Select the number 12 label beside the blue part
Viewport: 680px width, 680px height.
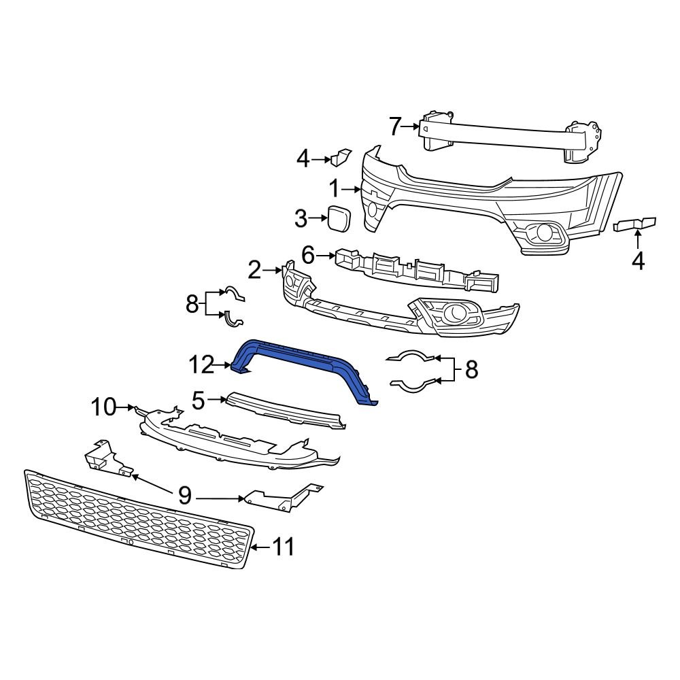tap(202, 366)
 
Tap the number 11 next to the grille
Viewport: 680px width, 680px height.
tap(284, 547)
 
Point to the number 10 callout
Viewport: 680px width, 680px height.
tap(104, 407)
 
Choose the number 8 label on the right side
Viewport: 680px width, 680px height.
tap(471, 370)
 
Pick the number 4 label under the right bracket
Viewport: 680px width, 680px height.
tap(637, 260)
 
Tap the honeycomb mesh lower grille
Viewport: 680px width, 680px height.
tap(136, 520)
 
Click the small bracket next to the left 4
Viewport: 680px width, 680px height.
tap(340, 158)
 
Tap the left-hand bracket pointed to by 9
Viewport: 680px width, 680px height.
tap(105, 457)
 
